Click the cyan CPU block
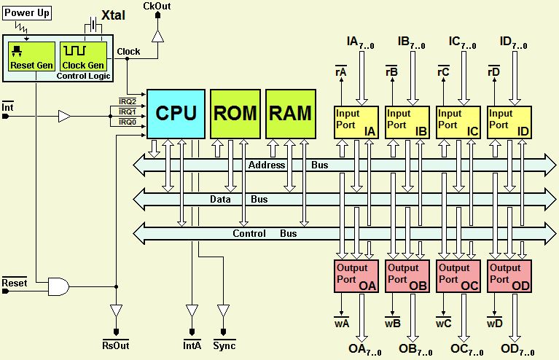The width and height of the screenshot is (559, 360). [176, 114]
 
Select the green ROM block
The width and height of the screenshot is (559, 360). [235, 114]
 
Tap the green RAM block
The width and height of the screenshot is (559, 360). [290, 114]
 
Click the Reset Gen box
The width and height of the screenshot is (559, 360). [27, 57]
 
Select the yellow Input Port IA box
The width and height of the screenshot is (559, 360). [355, 121]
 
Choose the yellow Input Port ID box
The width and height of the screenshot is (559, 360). [508, 121]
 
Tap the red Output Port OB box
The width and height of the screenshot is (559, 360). [406, 277]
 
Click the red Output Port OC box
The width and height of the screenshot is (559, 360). [457, 277]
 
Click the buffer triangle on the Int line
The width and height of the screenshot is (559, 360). [65, 115]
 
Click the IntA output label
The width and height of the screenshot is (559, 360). [192, 345]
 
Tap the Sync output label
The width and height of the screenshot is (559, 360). [224, 345]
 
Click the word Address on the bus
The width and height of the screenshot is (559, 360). [267, 165]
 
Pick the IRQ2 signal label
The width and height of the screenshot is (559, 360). [128, 101]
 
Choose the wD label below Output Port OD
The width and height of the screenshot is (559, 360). [494, 322]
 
